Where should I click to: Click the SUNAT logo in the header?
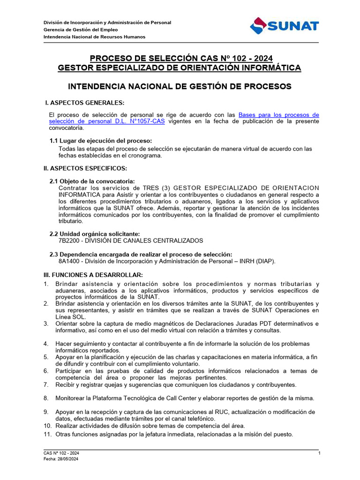coord(285,25)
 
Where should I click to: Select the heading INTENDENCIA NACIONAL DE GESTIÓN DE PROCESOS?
coord(180,87)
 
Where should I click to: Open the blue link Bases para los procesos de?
coord(279,115)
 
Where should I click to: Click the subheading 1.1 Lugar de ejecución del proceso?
coord(101,141)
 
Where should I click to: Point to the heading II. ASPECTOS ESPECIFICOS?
coord(85,168)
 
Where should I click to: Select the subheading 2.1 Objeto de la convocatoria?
coord(92,181)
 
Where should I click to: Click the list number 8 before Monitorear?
coord(46,398)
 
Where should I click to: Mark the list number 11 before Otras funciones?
coord(47,434)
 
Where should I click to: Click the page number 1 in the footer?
coord(319,453)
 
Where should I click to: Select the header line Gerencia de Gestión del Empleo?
coord(81,30)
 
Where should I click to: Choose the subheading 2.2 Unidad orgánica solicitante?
coord(95,234)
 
